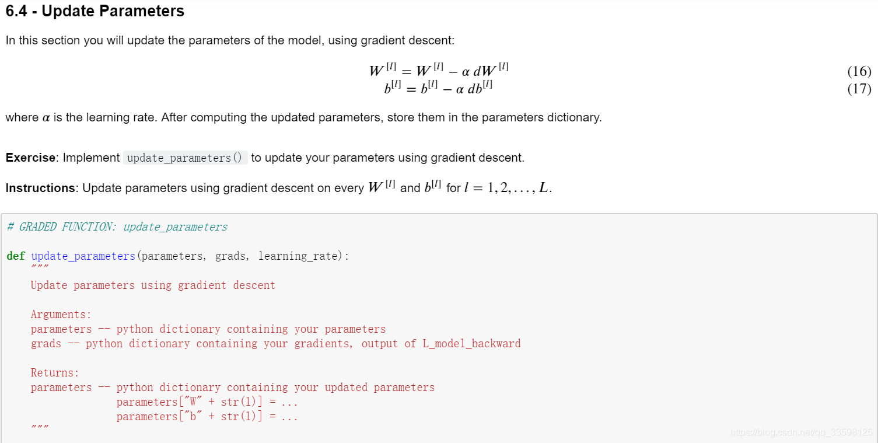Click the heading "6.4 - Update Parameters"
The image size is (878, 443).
95,11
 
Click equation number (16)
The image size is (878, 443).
859,72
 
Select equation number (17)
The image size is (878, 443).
859,89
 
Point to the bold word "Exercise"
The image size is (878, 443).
30,158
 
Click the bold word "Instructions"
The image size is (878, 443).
40,188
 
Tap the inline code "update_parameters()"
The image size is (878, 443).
185,158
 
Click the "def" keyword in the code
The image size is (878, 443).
16,256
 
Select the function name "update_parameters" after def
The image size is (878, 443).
83,256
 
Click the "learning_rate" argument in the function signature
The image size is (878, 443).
298,256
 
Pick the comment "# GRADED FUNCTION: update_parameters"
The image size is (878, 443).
117,227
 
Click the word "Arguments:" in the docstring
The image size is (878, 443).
61,315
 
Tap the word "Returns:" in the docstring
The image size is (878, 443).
55,373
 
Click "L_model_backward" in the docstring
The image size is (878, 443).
471,344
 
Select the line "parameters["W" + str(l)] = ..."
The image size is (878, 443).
207,402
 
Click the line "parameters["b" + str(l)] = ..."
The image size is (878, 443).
207,417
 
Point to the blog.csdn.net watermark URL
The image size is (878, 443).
801,432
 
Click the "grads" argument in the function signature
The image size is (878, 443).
230,256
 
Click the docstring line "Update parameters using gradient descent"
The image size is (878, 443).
153,285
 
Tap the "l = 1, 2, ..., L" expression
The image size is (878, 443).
507,188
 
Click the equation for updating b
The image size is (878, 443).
438,89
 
